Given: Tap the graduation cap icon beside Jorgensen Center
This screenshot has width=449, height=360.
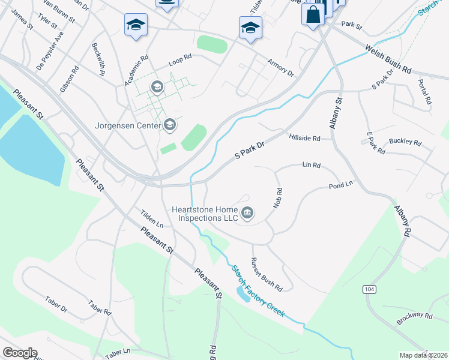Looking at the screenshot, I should [x=170, y=125].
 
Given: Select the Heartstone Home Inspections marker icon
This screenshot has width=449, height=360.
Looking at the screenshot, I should [x=247, y=213].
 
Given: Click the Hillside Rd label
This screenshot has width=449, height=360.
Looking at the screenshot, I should [x=310, y=138].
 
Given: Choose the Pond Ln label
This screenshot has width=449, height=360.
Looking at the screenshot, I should [x=340, y=187].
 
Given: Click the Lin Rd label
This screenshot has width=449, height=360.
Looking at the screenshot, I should [x=312, y=164].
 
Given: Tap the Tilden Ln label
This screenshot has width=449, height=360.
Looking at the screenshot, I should [x=152, y=218].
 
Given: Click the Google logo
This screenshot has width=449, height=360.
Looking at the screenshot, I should [x=20, y=353].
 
